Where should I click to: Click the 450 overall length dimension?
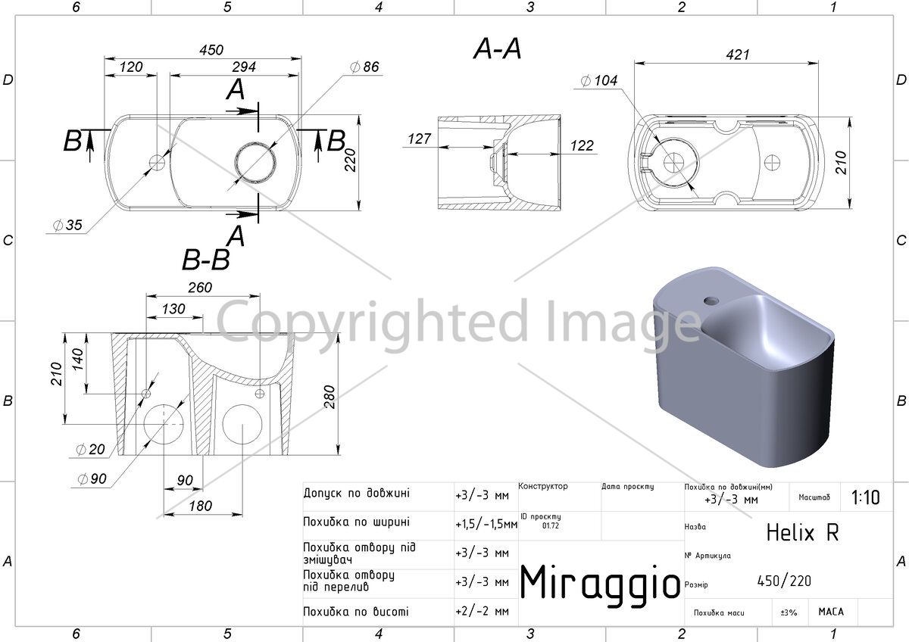point(211,50)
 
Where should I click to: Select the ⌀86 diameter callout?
point(364,67)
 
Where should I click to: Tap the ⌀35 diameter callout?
point(67,225)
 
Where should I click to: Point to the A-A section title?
point(497,49)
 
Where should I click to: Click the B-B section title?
point(206,260)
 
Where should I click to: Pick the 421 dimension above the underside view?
point(737,55)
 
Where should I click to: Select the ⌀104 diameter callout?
point(599,81)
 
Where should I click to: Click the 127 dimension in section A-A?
point(419,139)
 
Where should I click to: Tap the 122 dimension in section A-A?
point(582,145)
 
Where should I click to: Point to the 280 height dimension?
point(330,397)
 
